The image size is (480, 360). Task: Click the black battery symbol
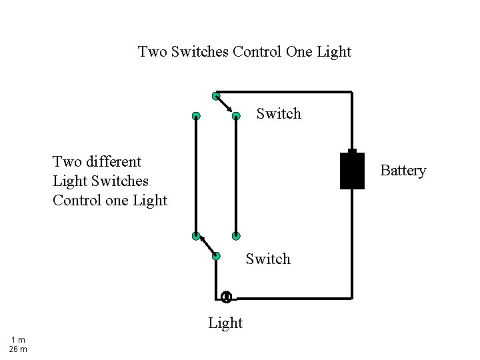tap(352, 170)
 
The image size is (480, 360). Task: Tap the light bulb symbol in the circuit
tap(226, 297)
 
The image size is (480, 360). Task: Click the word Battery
tap(403, 171)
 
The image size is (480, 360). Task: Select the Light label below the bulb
tap(225, 323)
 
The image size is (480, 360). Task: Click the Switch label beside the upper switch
tap(279, 114)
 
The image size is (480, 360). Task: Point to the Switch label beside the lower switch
tap(268, 259)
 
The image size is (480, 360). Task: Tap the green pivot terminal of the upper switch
tap(215, 96)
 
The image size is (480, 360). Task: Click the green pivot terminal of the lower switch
tap(215, 255)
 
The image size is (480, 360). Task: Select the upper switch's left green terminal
tap(196, 116)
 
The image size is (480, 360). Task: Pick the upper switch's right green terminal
tap(236, 116)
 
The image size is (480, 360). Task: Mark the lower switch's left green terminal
tap(195, 235)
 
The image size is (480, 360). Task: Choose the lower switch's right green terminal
tap(236, 235)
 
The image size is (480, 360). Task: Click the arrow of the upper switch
tap(225, 106)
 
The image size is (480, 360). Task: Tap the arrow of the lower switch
tap(205, 245)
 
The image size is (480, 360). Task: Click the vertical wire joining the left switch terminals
tap(196, 176)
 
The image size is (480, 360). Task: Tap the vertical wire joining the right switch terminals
tap(236, 176)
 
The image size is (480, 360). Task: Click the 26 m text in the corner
tap(17, 349)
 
